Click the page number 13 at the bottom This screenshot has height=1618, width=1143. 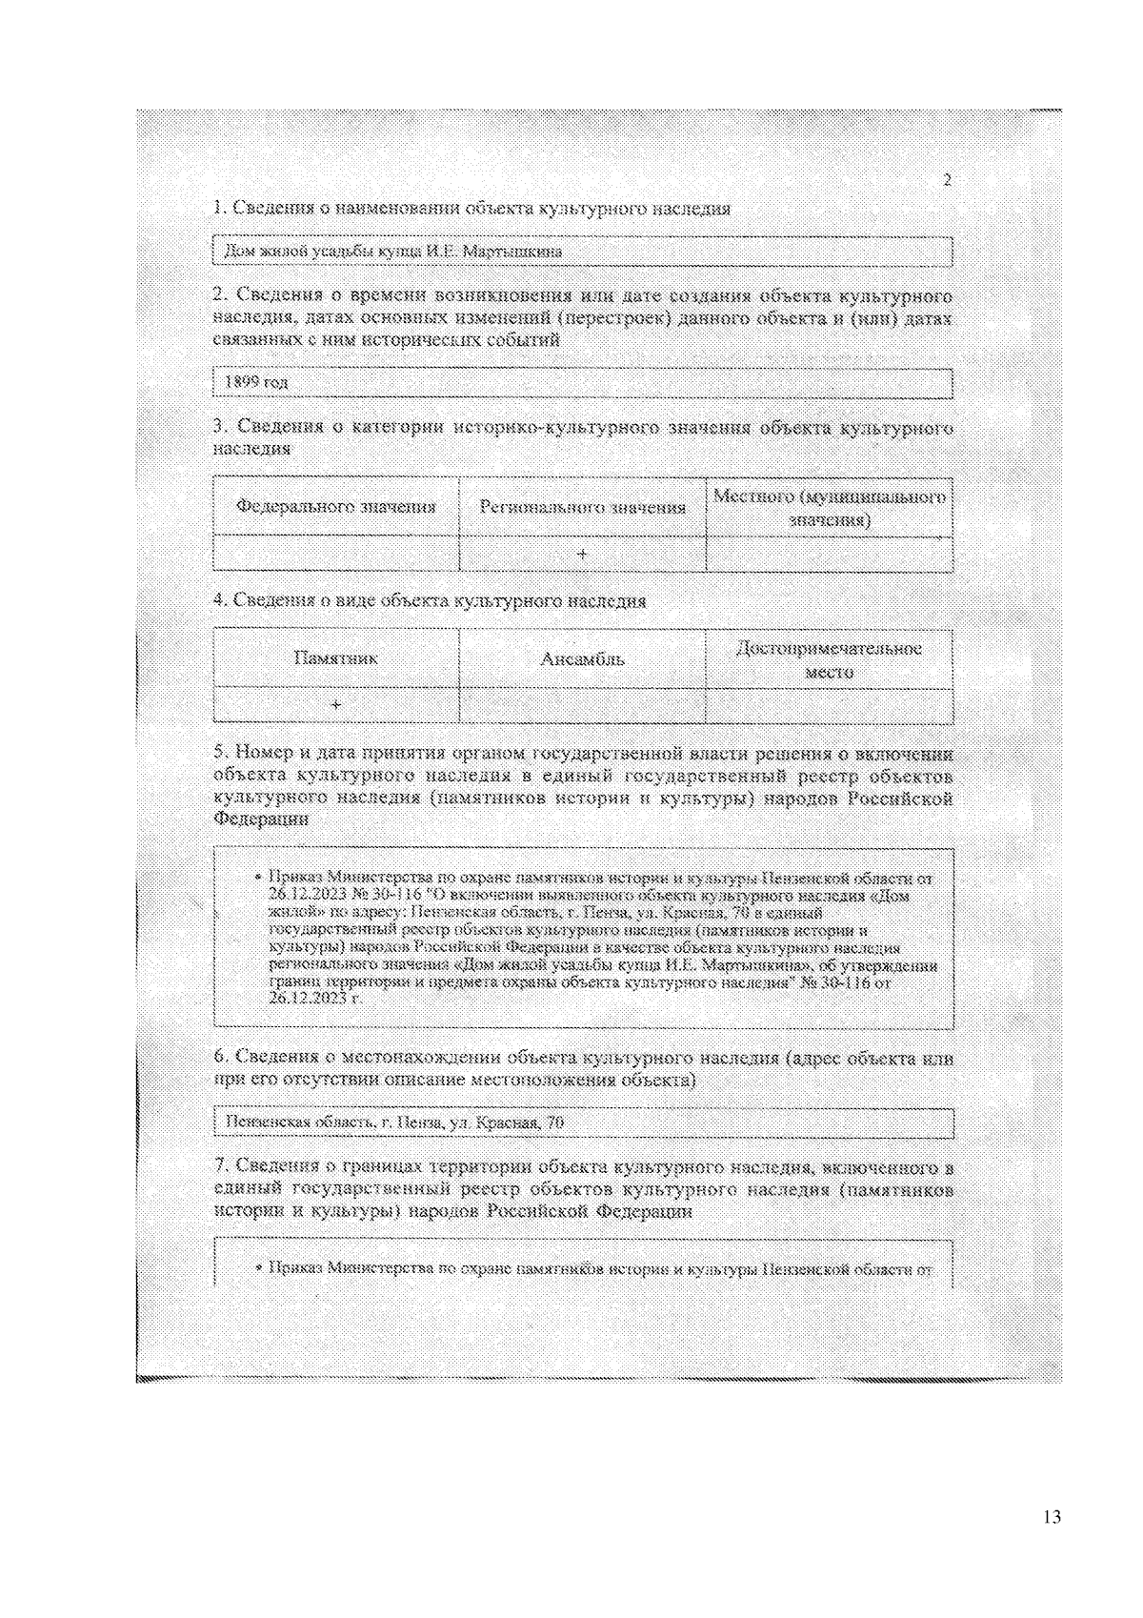point(1052,1517)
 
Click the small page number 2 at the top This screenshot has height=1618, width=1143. point(947,181)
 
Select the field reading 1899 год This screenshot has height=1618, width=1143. point(582,383)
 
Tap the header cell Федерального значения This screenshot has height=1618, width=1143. point(336,507)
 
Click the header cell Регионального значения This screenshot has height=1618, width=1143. point(582,507)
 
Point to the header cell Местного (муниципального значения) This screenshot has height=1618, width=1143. point(829,508)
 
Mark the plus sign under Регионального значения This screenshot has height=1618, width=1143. point(582,554)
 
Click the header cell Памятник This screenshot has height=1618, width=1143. point(336,658)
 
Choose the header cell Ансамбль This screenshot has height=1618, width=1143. point(582,658)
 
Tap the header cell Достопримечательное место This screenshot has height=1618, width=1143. point(829,659)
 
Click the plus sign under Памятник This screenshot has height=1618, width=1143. point(336,705)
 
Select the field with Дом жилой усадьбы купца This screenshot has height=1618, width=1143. point(582,252)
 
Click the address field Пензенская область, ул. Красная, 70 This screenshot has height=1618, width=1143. point(582,1122)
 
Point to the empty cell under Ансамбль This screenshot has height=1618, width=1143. point(582,705)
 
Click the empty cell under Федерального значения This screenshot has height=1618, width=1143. point(336,554)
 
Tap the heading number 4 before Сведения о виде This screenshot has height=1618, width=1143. point(219,601)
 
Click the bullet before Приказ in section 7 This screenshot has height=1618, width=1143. point(259,1269)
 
